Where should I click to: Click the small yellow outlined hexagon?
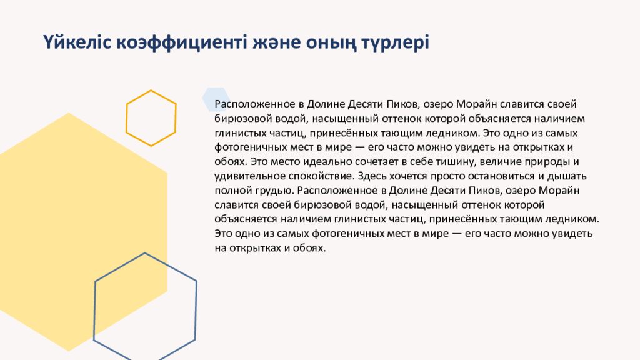pyautogui.click(x=151, y=118)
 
